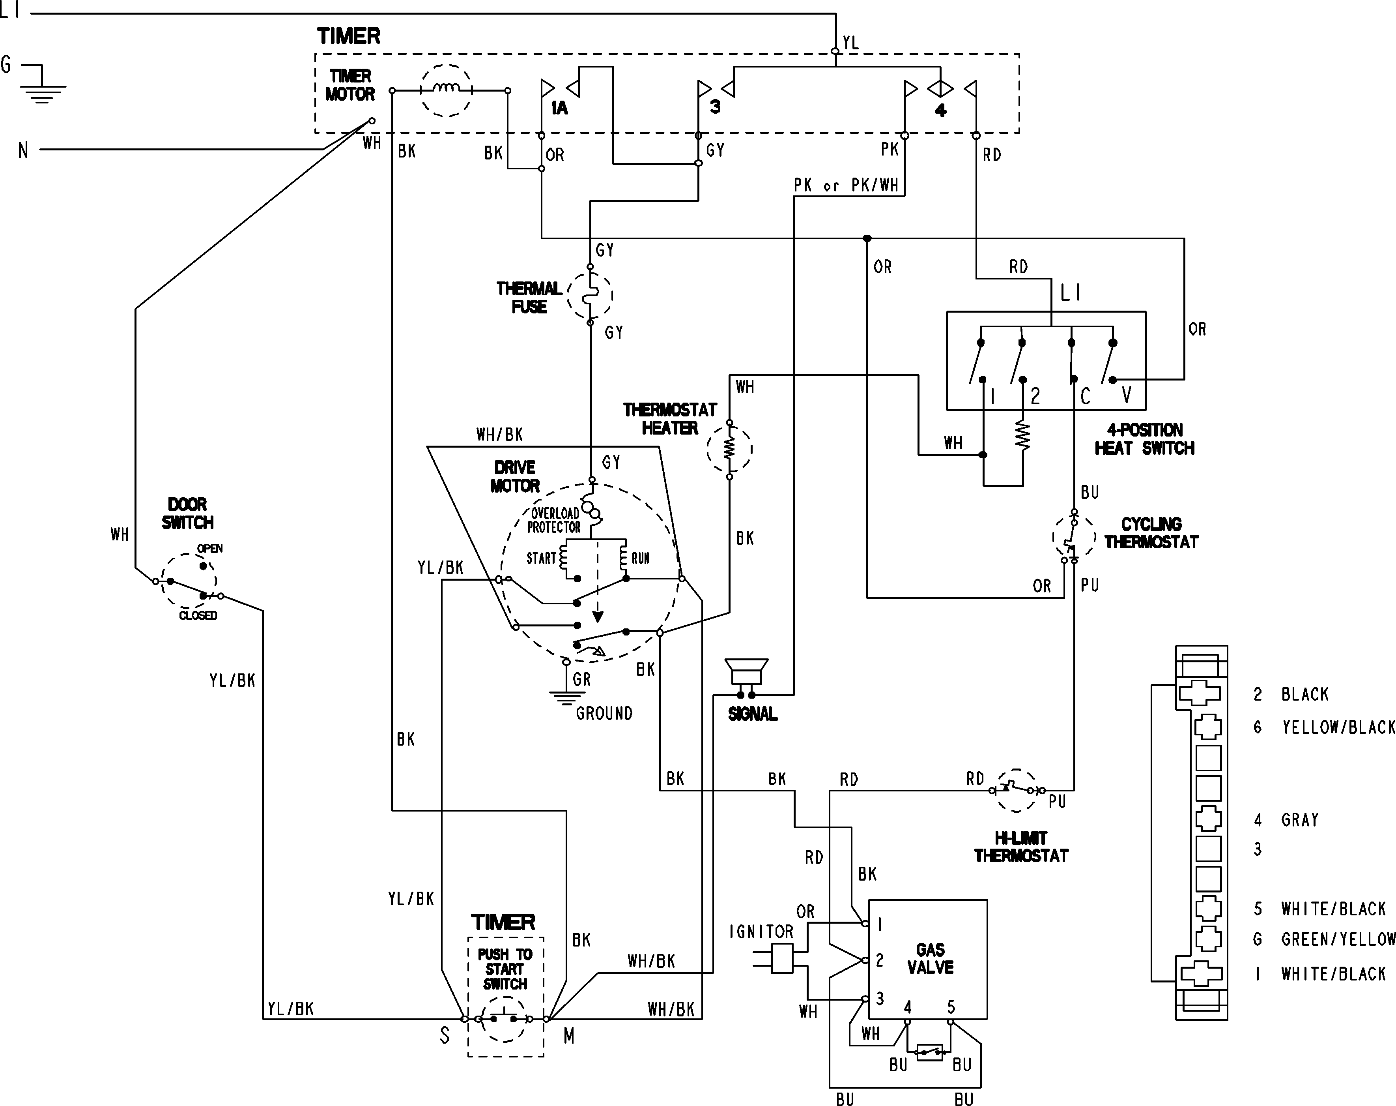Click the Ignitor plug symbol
(783, 958)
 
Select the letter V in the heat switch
(1126, 395)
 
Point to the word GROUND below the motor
(604, 714)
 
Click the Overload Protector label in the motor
(554, 520)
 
